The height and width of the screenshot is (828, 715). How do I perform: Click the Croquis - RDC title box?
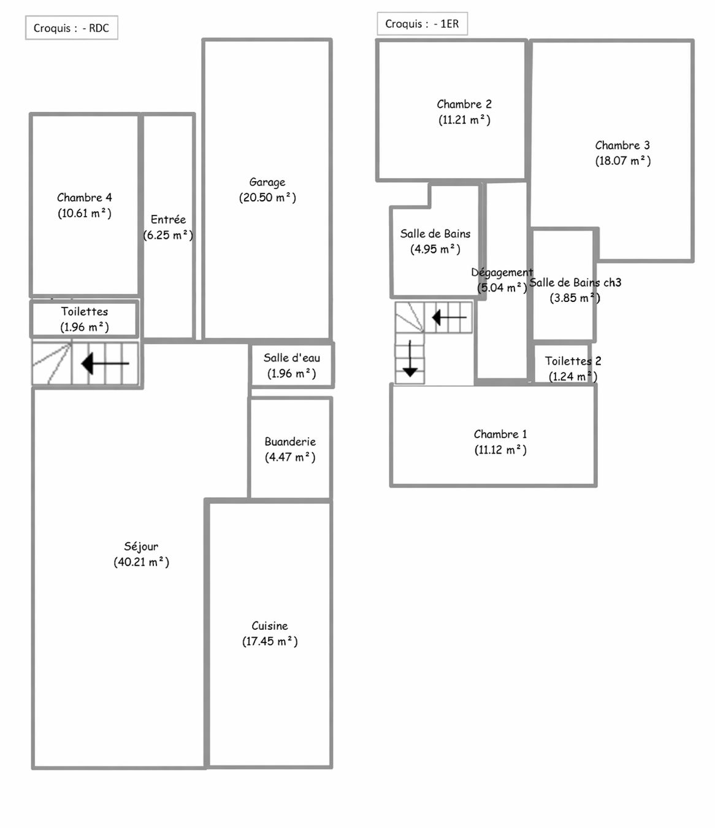[72, 28]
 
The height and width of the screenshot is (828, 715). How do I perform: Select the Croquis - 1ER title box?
[422, 24]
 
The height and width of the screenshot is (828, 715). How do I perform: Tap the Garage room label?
[267, 182]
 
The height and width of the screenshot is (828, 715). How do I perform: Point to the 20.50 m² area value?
[267, 198]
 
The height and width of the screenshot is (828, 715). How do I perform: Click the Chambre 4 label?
[85, 198]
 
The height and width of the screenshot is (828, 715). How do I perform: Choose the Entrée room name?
[168, 219]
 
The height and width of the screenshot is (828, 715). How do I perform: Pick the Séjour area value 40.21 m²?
[141, 562]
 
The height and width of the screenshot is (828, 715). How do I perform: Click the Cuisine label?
[270, 625]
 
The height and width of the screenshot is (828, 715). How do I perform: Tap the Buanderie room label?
[290, 441]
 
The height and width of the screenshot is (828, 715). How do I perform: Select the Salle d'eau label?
[292, 358]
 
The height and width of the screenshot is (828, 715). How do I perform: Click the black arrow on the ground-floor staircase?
[105, 363]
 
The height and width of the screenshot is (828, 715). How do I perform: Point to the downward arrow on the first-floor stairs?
[410, 358]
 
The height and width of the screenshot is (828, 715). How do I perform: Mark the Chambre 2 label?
[464, 104]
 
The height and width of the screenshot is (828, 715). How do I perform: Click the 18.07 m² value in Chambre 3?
[622, 161]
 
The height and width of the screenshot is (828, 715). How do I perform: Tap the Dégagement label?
[502, 273]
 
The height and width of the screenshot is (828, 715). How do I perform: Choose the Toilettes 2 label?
[573, 361]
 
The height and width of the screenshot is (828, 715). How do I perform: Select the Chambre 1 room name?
[500, 434]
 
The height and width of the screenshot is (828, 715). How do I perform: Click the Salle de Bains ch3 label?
[575, 282]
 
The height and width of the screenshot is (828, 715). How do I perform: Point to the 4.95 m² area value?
[435, 249]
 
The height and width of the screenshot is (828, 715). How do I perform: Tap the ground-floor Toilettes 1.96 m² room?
[85, 319]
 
